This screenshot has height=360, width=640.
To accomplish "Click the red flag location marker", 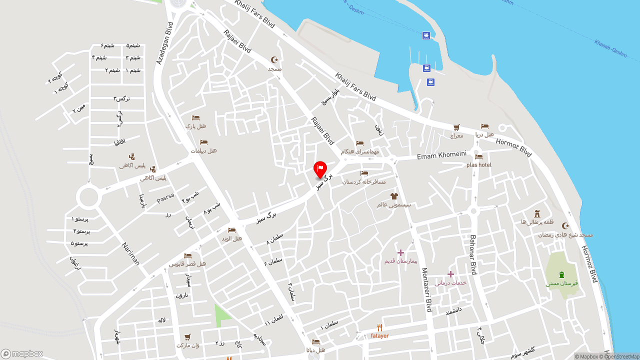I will click(x=320, y=169).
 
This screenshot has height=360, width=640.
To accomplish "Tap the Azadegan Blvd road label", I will click(x=164, y=43).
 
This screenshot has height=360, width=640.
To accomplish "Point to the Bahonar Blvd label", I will click(x=473, y=254).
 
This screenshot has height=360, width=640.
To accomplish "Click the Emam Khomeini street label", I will click(x=441, y=156).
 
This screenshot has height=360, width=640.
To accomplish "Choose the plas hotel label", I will click(x=478, y=165).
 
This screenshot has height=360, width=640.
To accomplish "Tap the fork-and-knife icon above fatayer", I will click(x=380, y=328).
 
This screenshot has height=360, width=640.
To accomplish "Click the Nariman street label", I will click(x=130, y=253).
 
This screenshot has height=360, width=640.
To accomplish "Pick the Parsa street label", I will click(x=165, y=198).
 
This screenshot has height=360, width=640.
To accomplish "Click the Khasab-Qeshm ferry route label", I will click(x=610, y=48).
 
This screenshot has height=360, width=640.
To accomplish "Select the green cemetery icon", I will click(x=561, y=274).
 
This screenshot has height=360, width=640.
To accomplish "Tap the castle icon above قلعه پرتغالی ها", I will click(x=537, y=213).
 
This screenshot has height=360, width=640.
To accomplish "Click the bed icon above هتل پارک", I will click(x=195, y=118).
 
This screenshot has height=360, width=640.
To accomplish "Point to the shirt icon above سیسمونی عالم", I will click(x=394, y=196).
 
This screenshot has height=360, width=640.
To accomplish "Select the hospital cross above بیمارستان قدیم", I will click(x=400, y=252).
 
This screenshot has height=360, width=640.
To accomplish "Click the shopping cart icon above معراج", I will click(x=456, y=127).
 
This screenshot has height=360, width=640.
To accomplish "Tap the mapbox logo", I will click(x=22, y=353).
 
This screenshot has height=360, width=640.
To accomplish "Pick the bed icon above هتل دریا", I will click(x=484, y=126).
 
